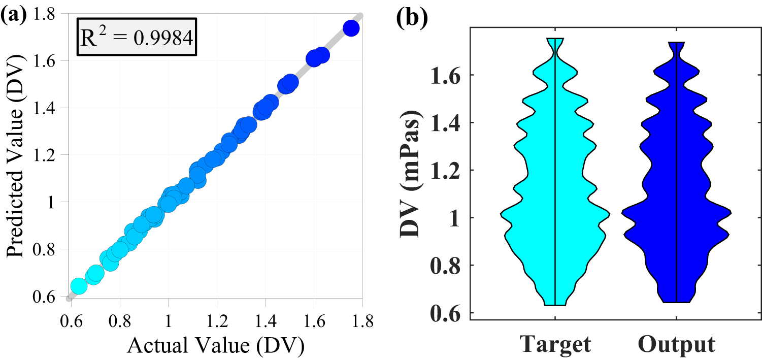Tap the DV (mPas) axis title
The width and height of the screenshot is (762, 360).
pyautogui.click(x=410, y=173)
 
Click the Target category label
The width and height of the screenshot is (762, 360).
pyautogui.click(x=555, y=344)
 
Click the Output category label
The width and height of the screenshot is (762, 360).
pyautogui.click(x=676, y=344)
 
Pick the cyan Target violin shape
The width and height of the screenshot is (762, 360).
pyautogui.click(x=555, y=203)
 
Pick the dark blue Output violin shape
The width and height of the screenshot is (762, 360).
pyautogui.click(x=676, y=203)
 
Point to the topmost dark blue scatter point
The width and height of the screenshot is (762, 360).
pyautogui.click(x=351, y=28)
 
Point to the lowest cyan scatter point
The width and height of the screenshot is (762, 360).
pyautogui.click(x=79, y=286)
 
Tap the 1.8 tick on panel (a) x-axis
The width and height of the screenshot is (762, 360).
pyautogui.click(x=362, y=322)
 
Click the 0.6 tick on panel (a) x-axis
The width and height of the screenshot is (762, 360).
pyautogui.click(x=71, y=322)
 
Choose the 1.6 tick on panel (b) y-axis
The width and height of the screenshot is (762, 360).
pyautogui.click(x=447, y=75)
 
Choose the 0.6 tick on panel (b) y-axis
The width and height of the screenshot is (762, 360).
pyautogui.click(x=447, y=313)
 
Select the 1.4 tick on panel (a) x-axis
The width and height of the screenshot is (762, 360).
pyautogui.click(x=265, y=322)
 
